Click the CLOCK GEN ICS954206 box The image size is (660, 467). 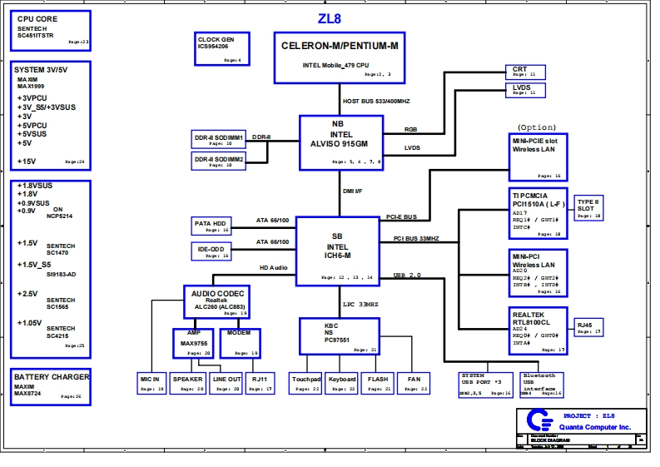220,49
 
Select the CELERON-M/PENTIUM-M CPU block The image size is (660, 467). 340,57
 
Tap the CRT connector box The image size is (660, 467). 526,72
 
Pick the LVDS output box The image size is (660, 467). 526,89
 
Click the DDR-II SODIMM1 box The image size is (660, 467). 220,139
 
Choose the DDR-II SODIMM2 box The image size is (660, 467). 220,161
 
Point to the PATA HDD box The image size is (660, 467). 211,226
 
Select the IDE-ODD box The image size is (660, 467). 211,251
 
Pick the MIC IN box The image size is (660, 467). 151,383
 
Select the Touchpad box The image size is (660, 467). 305,383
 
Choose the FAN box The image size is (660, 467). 414,383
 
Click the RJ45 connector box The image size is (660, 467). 587,327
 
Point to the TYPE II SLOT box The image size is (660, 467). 588,208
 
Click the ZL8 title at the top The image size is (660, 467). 330,18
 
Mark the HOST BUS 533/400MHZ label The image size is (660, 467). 376,101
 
